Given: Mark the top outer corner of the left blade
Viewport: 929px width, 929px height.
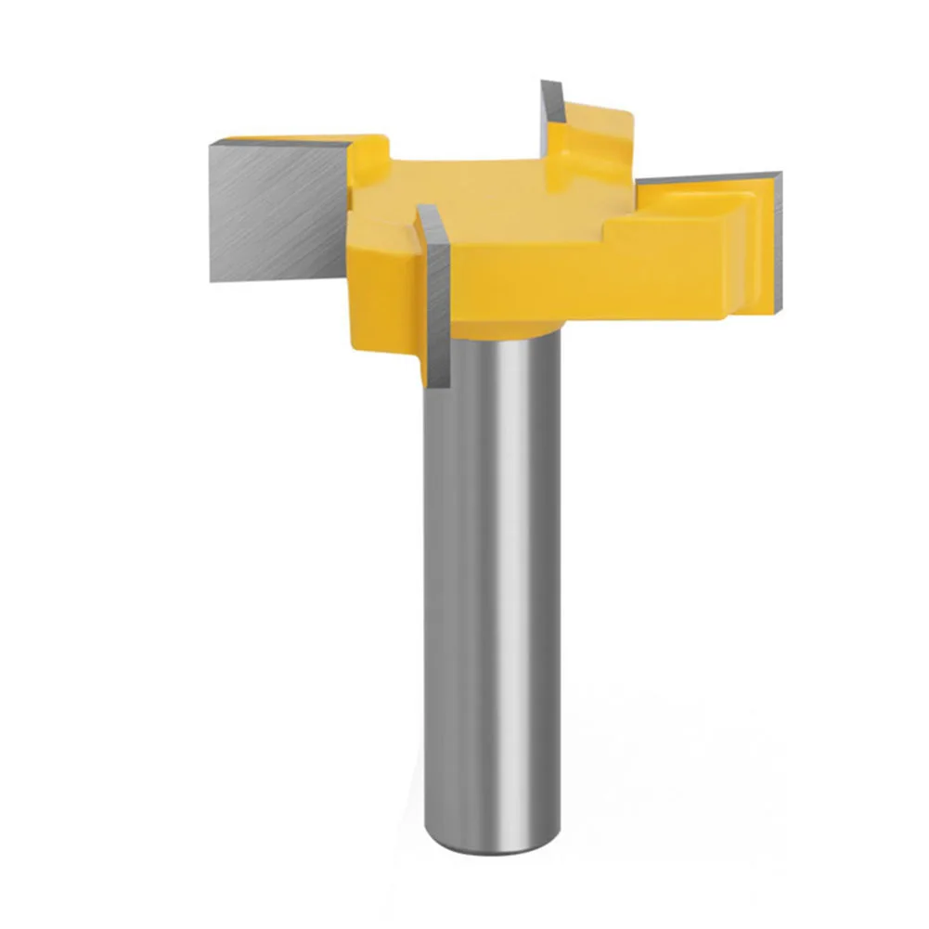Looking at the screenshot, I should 213,141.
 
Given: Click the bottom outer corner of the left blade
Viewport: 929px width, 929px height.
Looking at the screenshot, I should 213,279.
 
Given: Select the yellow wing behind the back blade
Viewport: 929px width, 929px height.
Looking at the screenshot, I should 594,130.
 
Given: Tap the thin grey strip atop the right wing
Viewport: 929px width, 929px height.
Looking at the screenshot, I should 705,179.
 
